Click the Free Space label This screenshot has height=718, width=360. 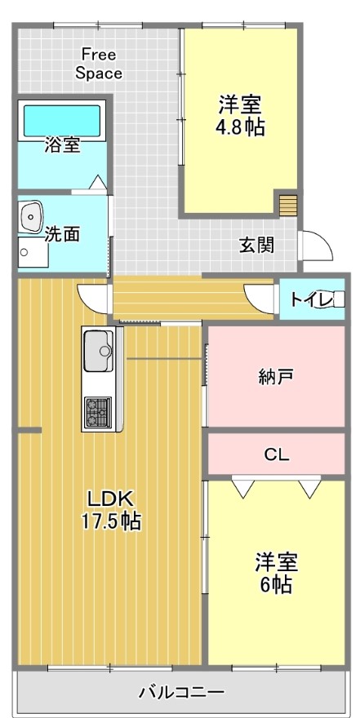[99, 64]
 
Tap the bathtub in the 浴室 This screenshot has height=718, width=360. [62, 121]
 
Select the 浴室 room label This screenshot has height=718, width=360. [62, 145]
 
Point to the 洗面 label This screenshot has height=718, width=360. [62, 234]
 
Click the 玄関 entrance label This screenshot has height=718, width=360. [256, 246]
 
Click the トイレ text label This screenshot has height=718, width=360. [310, 300]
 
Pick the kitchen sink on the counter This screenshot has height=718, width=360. [99, 351]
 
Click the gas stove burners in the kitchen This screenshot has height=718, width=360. [98, 412]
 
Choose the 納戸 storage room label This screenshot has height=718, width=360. [277, 377]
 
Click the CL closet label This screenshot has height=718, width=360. [277, 454]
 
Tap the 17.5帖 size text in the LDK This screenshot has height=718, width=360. [110, 521]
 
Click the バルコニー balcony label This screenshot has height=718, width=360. [182, 691]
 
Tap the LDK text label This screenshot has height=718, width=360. [110, 499]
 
